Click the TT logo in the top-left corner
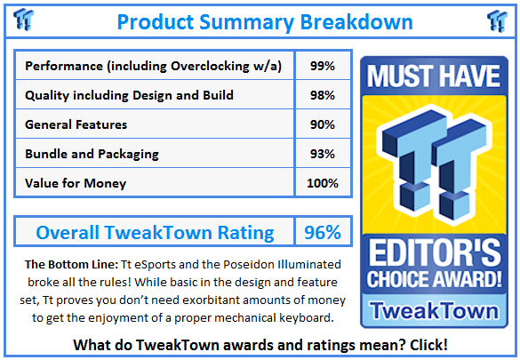tap(25, 20)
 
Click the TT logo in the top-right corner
tap(496, 20)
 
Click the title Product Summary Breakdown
tap(264, 20)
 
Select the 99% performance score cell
tap(323, 66)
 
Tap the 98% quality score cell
tap(323, 95)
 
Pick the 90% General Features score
tap(323, 124)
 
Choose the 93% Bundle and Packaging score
tap(323, 154)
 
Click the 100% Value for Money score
tap(323, 183)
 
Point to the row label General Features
tap(76, 124)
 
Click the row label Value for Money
tap(76, 183)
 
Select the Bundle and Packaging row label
tap(92, 154)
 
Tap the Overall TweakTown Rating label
tap(155, 233)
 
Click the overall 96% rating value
tap(323, 233)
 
